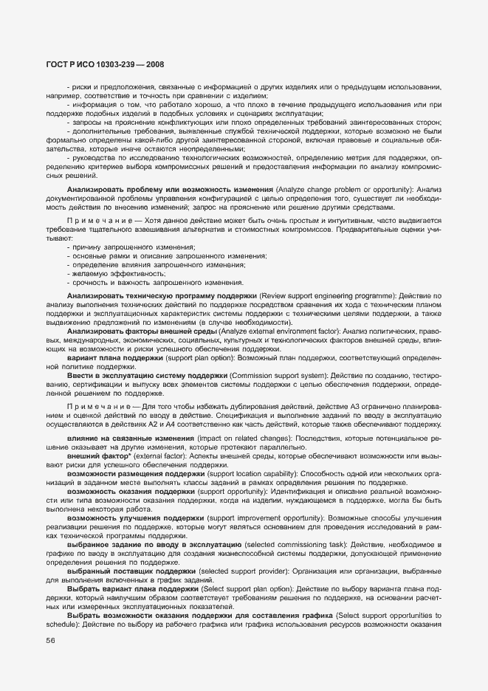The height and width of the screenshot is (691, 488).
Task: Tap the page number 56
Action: point(50,640)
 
